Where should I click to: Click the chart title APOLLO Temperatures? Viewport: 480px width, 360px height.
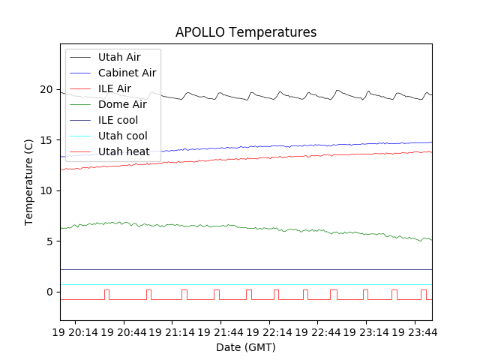tap(246, 32)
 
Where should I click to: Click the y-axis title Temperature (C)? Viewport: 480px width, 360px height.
tap(29, 182)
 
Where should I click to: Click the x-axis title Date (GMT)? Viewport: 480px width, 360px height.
tap(246, 347)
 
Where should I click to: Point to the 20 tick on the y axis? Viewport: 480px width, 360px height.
tap(47, 90)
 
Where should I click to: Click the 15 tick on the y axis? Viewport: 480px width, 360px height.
tap(47, 140)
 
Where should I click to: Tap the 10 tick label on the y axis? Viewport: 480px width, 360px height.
tap(47, 190)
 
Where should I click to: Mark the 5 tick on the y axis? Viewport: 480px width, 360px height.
tap(50, 241)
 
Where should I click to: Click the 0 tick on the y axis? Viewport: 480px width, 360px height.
tap(50, 292)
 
